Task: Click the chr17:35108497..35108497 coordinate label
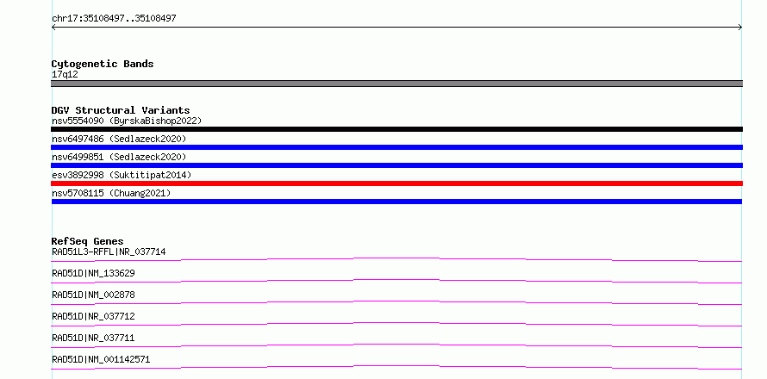(114, 19)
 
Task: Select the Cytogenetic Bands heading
(103, 64)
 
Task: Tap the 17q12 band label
(65, 75)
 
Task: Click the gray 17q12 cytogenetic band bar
(396, 84)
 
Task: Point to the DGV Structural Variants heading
(121, 110)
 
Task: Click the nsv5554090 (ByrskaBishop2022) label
(127, 121)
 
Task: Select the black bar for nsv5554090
(396, 129)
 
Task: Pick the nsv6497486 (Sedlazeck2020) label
(119, 139)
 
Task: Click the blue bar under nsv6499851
(396, 165)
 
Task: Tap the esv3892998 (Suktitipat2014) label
(122, 175)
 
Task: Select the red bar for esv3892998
(396, 183)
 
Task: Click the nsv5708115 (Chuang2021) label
(111, 193)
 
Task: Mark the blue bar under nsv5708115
(396, 202)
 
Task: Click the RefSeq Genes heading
(87, 241)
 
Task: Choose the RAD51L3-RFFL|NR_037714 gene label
(109, 252)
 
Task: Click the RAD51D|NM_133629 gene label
(93, 273)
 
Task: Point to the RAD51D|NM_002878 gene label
(93, 295)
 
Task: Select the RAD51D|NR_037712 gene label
(93, 316)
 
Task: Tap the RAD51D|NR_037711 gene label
(93, 338)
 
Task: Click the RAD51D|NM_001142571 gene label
(101, 359)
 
